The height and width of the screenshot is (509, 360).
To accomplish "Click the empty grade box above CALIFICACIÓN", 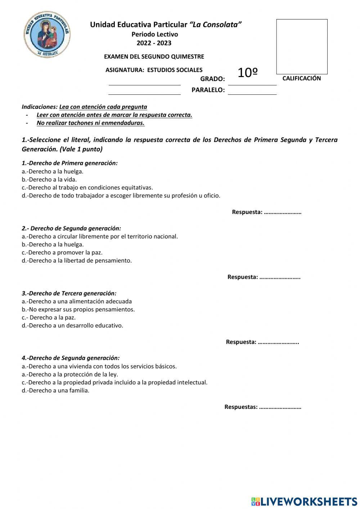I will click(302, 47).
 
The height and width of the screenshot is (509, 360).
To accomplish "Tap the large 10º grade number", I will click(248, 73).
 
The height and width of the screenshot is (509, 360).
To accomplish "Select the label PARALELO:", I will click(208, 90).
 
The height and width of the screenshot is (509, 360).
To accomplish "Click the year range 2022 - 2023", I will click(154, 43).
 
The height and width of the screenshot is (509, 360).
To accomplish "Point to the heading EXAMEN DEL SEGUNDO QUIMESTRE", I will click(154, 57).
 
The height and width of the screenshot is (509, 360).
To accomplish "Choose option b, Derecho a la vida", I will click(49, 179).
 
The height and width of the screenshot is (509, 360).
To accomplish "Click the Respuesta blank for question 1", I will click(283, 213).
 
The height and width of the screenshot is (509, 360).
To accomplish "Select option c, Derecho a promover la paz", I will click(62, 253).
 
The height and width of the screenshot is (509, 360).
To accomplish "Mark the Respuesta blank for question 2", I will click(280, 277).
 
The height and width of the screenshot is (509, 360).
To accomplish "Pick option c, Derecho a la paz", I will click(49, 317).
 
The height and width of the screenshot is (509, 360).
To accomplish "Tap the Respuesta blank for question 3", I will click(278, 342).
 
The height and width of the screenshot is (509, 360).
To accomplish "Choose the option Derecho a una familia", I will click(55, 390).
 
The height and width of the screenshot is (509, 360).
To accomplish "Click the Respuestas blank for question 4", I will click(280, 407).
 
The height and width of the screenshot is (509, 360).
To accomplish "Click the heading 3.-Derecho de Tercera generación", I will click(69, 293).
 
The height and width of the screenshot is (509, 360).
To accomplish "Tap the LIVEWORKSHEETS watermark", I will click(304, 501).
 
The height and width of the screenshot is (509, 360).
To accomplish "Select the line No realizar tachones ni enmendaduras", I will click(91, 123).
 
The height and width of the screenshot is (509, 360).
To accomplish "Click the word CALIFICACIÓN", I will click(302, 78).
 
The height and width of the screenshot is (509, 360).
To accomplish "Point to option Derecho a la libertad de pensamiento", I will click(77, 260).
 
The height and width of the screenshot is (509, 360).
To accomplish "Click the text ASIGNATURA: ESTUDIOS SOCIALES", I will click(154, 70).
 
